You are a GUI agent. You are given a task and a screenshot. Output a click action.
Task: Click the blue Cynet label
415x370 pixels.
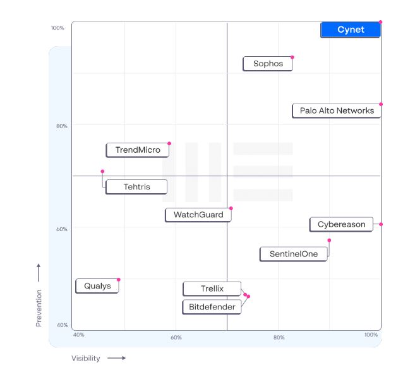[350, 30]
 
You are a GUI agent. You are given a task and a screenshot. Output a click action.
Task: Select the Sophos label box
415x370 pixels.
[268, 64]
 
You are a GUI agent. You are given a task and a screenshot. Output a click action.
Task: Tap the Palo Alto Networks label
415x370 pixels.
[337, 110]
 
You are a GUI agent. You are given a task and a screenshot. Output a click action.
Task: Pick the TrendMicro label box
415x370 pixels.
[137, 150]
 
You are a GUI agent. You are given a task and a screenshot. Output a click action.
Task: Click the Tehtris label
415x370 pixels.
[136, 187]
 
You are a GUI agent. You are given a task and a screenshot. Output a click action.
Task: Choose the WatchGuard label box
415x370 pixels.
[198, 215]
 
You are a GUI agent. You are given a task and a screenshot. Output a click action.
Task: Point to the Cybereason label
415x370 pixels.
[341, 224]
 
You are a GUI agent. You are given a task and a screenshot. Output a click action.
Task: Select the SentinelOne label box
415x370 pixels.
[294, 254]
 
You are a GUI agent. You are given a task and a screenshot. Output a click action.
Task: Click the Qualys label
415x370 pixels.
[97, 286]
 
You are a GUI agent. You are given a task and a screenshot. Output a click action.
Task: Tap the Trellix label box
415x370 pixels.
[212, 289]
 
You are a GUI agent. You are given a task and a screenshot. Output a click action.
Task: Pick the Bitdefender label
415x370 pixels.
[212, 307]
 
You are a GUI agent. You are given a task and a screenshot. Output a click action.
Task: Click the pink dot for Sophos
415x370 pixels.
[292, 57]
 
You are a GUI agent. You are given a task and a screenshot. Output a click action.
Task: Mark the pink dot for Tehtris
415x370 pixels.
[102, 171]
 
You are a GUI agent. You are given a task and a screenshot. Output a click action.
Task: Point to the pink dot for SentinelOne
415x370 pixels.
[329, 240]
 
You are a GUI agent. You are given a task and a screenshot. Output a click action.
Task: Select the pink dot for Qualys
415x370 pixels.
[119, 280]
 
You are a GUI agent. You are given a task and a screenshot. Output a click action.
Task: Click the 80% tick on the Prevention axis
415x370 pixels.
[63, 126]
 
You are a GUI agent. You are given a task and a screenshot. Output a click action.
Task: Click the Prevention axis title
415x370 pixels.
[39, 308]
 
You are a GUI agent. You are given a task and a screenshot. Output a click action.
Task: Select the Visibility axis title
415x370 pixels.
[86, 359]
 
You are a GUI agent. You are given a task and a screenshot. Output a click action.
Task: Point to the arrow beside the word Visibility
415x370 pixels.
[116, 359]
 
